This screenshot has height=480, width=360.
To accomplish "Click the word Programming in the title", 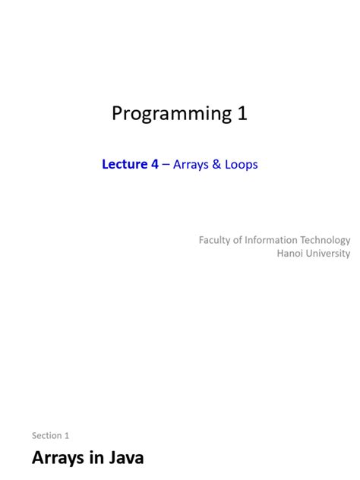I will [167, 114].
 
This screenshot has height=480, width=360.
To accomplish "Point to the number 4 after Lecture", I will [154, 164].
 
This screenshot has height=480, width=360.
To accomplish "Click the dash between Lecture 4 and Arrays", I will [166, 164].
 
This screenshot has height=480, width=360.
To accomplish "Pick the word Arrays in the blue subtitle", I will [191, 164].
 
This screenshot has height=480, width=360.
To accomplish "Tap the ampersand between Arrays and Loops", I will [216, 164].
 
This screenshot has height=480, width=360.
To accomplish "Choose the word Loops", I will [241, 164].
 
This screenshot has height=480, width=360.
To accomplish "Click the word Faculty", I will [216, 240].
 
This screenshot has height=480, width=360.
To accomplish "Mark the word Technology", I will [326, 240].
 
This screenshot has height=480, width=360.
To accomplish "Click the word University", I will [330, 254].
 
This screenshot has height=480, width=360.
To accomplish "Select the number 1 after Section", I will [67, 435].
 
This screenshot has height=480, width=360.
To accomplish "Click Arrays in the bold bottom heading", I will [60, 458].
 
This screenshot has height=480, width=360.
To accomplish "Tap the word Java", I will [125, 458].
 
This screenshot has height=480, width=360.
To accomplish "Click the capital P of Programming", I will [118, 114].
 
